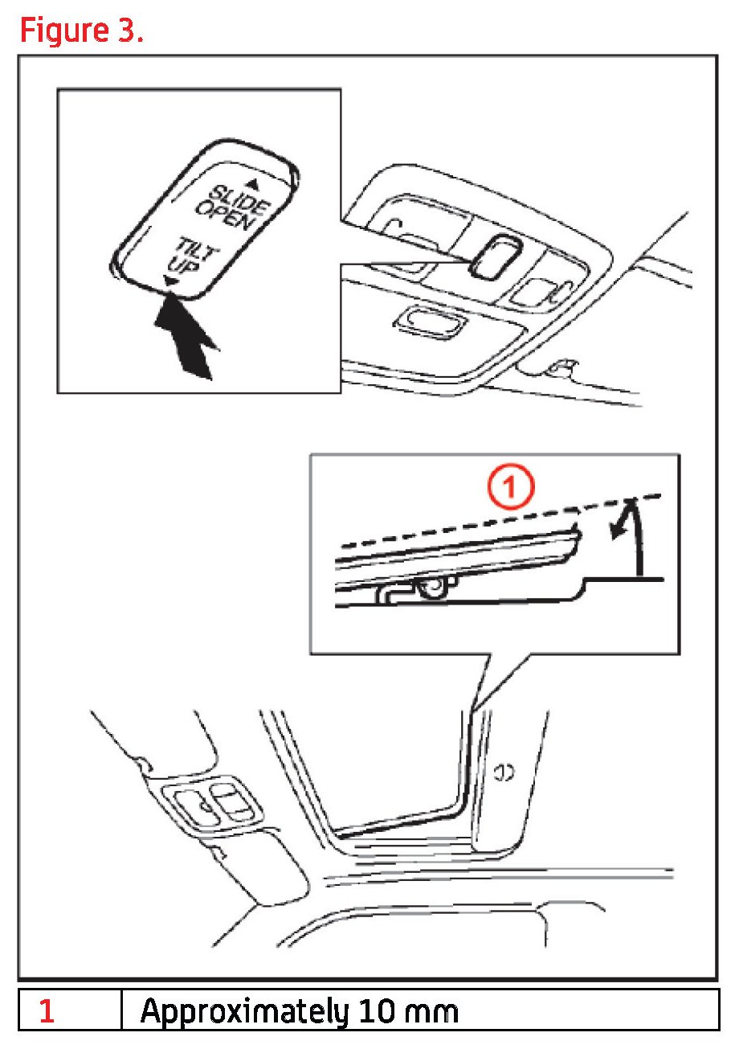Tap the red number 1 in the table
coord(47,1010)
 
